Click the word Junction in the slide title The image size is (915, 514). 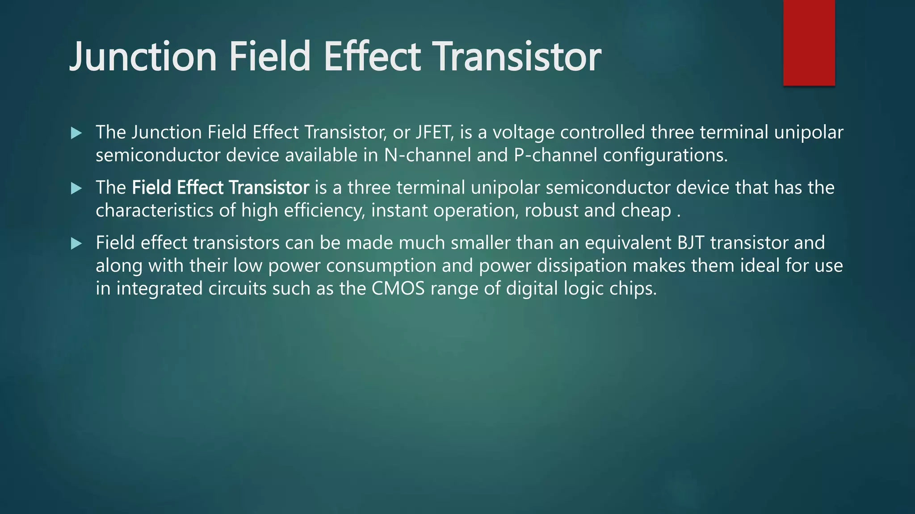click(143, 57)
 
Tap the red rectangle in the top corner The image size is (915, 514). click(809, 42)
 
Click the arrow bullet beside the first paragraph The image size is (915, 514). click(76, 133)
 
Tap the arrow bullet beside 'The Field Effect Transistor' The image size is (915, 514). click(76, 188)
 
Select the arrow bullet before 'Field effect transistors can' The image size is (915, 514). click(76, 244)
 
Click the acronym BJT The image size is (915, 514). click(691, 243)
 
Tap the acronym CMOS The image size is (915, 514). click(398, 289)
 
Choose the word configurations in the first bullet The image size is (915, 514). click(665, 155)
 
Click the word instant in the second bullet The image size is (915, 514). click(399, 211)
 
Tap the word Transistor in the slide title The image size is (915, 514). click(517, 57)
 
